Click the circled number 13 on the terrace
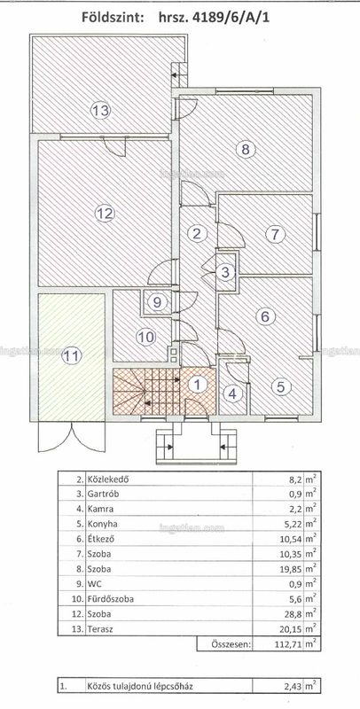[100, 110]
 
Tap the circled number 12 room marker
[105, 214]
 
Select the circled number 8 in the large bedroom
[246, 149]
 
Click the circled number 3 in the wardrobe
[225, 272]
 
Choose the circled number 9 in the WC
[157, 302]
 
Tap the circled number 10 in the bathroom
[146, 337]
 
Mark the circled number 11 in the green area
[72, 356]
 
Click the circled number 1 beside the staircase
[197, 385]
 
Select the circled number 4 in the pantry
[232, 393]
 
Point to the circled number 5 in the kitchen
[281, 386]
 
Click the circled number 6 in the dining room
[265, 316]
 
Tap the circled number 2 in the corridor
[197, 233]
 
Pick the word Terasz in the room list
[99, 628]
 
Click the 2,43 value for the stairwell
[293, 686]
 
